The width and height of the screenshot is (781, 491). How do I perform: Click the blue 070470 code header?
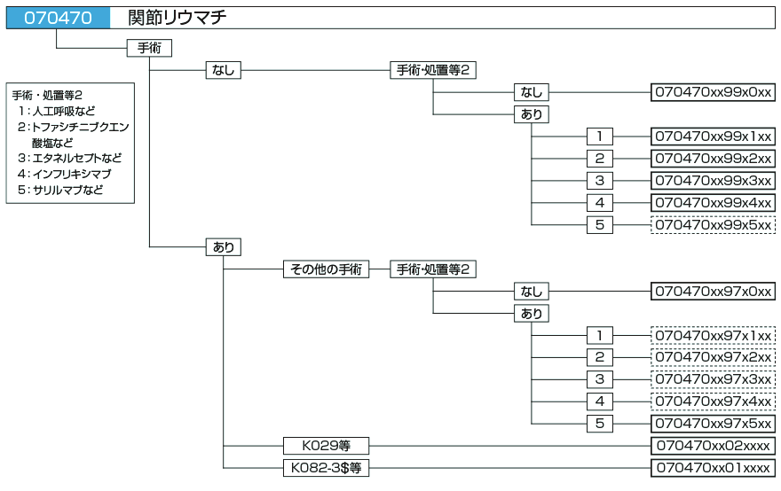58,18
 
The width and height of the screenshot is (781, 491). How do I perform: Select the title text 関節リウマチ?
177,18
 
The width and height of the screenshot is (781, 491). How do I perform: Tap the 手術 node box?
149,48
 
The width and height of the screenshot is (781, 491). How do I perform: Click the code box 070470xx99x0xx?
714,92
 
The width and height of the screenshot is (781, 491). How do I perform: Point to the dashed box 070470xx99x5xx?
714,225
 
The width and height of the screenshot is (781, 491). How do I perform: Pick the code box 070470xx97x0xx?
714,292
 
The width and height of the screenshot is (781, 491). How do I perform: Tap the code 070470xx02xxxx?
714,446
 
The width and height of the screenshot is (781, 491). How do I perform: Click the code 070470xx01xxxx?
714,467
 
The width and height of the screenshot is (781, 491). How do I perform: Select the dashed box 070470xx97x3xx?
714,379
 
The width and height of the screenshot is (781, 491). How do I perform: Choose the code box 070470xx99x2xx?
714,159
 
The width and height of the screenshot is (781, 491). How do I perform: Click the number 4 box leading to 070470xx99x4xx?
600,203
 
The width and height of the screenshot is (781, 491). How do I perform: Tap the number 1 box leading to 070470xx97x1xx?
600,335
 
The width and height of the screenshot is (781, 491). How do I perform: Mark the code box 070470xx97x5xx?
714,424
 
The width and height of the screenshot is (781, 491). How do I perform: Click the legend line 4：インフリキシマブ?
67,175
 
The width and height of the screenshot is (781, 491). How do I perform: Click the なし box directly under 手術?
223,70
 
